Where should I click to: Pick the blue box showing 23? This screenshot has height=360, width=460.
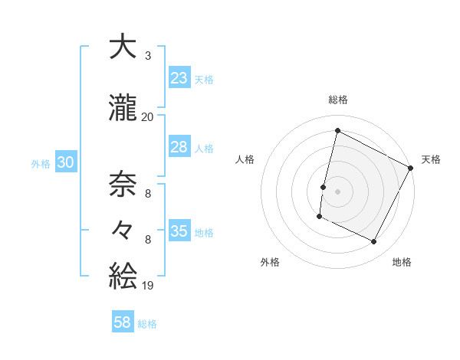(x=179, y=77)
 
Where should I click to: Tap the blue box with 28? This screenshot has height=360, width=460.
(x=179, y=147)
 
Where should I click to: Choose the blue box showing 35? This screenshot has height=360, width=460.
(x=179, y=231)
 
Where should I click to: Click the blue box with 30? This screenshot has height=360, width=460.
(x=64, y=162)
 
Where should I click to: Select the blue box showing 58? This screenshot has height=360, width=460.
(x=123, y=322)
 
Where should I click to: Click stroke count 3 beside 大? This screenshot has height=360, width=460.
(x=147, y=56)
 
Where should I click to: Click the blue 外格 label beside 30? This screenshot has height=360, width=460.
(x=41, y=164)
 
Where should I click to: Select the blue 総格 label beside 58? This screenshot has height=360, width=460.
(x=147, y=324)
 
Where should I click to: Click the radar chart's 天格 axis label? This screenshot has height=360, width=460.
(x=431, y=159)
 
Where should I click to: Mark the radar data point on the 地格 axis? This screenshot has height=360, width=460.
(x=374, y=242)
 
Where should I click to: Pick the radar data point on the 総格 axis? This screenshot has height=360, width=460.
(x=337, y=130)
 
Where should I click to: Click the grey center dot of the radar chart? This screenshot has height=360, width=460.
(x=337, y=191)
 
